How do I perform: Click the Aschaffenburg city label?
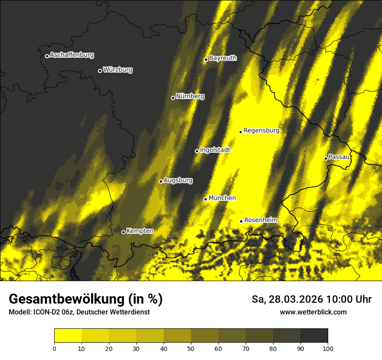coord(72,55)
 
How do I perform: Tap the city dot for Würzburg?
coord(100,71)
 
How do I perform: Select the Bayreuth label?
coord(223,58)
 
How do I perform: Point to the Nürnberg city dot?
coord(173,98)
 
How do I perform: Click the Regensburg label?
coord(261,131)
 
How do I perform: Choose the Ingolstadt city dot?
coord(197,151)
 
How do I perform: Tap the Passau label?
coord(339,157)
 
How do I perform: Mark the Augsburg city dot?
coord(161,181)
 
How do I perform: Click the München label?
coord(222,198)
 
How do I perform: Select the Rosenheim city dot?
coord(241,221)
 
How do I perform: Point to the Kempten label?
coord(140,231)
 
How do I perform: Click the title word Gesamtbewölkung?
coord(66,299)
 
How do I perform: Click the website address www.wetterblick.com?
coord(313,312)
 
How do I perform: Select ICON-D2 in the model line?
coord(47,312)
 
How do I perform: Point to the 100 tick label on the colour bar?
coord(328,348)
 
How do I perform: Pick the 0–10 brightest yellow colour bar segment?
coord(68,336)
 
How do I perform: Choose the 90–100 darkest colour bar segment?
coord(314,336)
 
